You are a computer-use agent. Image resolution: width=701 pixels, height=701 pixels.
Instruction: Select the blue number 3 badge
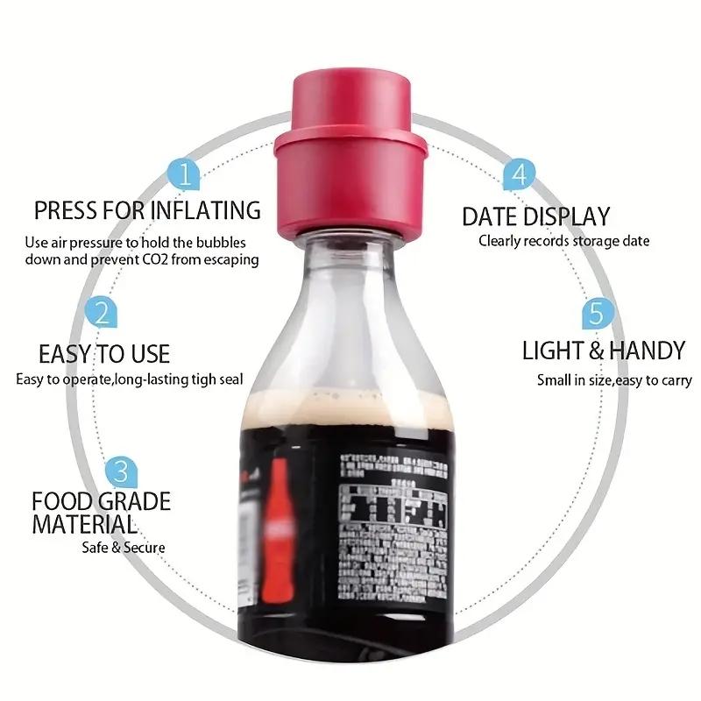(121, 471)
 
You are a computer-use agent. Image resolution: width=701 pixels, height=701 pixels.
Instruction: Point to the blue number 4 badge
(519, 173)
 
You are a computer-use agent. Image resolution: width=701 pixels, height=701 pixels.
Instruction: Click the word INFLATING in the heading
(206, 211)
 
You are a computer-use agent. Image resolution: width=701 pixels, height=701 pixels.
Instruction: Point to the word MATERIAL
(84, 525)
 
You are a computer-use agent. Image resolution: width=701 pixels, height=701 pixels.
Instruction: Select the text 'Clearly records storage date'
(563, 241)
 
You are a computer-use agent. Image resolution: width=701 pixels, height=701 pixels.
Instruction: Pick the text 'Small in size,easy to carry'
(614, 380)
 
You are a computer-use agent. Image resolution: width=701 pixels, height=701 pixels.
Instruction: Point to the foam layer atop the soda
(350, 405)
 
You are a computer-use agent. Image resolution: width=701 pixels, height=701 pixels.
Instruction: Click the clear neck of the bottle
(350, 263)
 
